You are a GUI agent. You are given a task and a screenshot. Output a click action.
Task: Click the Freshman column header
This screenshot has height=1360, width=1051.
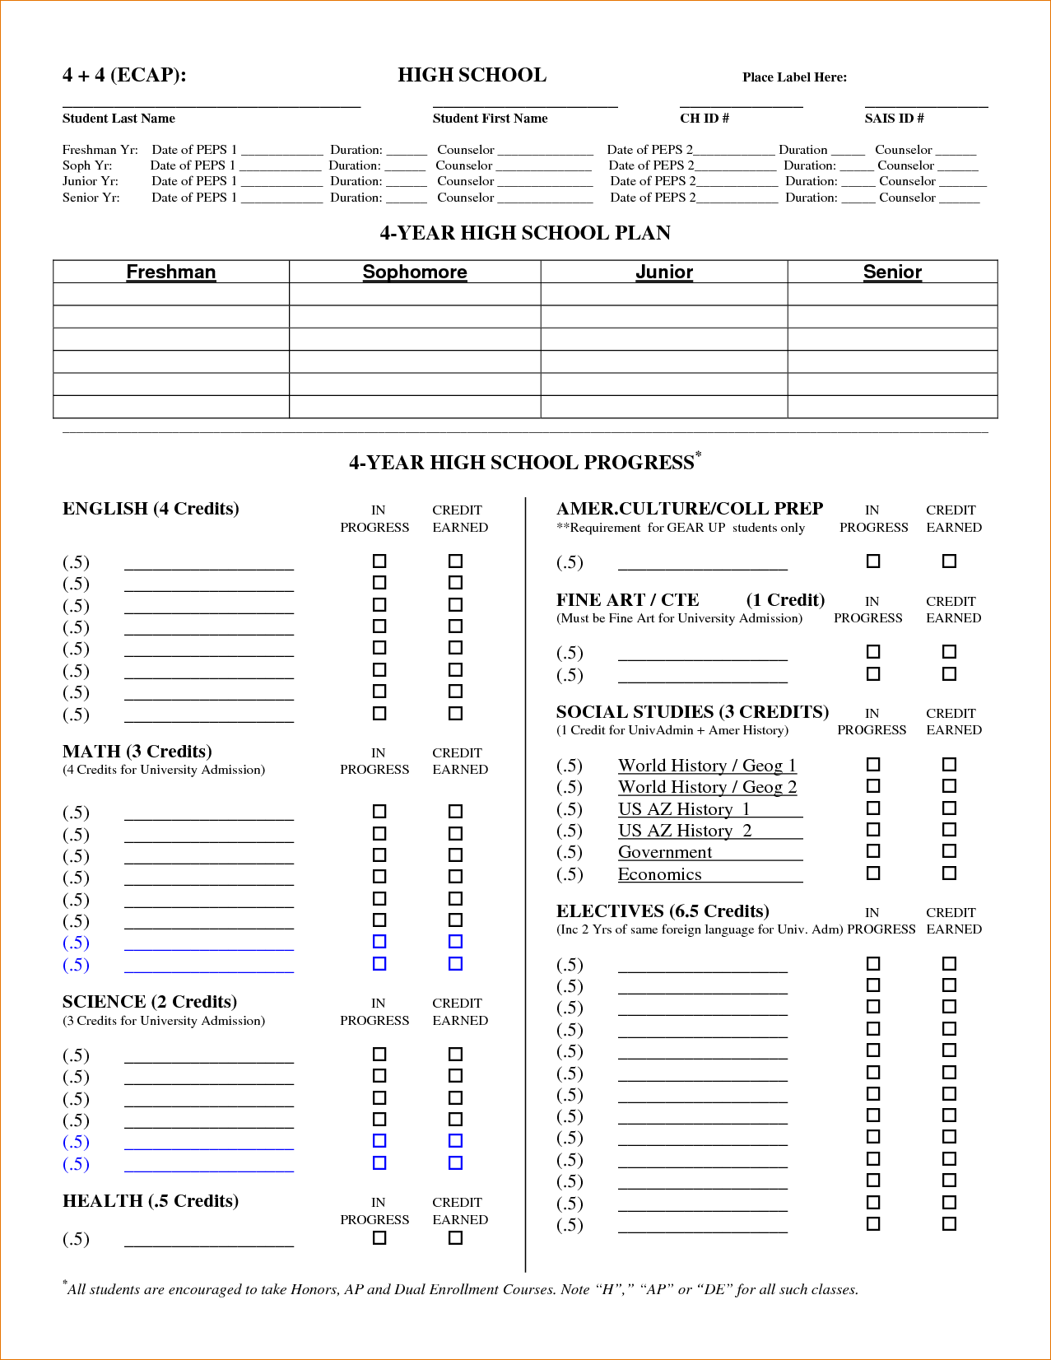(x=170, y=272)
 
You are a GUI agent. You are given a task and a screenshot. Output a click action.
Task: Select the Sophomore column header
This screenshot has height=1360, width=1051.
(x=415, y=272)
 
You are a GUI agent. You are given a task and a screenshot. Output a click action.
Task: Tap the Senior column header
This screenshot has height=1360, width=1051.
(x=892, y=272)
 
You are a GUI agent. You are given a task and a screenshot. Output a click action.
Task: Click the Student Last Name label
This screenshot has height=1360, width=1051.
(x=119, y=119)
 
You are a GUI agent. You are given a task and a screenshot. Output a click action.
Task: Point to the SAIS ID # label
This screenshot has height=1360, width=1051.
(x=894, y=119)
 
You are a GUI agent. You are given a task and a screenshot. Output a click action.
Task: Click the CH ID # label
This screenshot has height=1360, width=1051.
(x=704, y=119)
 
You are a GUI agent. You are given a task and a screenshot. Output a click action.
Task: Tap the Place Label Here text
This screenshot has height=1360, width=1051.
(x=794, y=77)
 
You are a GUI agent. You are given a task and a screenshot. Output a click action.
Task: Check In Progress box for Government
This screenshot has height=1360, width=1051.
(x=873, y=851)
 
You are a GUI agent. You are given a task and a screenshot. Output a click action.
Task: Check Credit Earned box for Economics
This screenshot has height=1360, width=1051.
(x=949, y=873)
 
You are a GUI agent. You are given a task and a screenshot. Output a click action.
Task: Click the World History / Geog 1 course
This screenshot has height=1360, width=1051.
(x=707, y=766)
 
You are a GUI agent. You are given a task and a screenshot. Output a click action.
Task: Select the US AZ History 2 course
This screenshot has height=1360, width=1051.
(x=685, y=831)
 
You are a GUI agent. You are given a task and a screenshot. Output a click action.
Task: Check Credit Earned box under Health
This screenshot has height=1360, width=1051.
(x=455, y=1237)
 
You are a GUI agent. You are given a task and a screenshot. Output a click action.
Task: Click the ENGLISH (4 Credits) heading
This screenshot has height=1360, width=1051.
(x=151, y=509)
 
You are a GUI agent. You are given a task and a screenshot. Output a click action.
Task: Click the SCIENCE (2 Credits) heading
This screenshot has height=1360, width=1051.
(x=150, y=1002)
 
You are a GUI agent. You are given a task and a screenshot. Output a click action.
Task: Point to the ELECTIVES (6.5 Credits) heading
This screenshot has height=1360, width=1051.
(x=663, y=911)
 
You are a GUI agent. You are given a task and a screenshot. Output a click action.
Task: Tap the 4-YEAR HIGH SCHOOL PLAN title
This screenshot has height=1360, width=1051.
(x=525, y=233)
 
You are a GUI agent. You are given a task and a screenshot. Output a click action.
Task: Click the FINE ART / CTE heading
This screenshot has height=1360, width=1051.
(x=627, y=600)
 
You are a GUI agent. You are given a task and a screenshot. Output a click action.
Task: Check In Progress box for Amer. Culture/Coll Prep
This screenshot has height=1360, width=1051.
(x=873, y=561)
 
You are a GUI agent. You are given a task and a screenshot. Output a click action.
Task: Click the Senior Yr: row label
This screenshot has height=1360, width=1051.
(x=91, y=198)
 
